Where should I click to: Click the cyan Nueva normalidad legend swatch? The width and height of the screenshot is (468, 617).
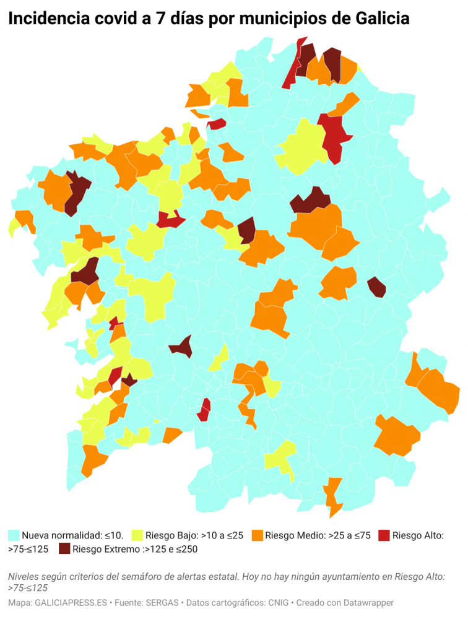[x=14, y=535]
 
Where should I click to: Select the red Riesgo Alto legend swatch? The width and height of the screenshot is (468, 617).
[x=384, y=535]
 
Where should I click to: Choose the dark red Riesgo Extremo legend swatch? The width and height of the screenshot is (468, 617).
[x=64, y=548]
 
